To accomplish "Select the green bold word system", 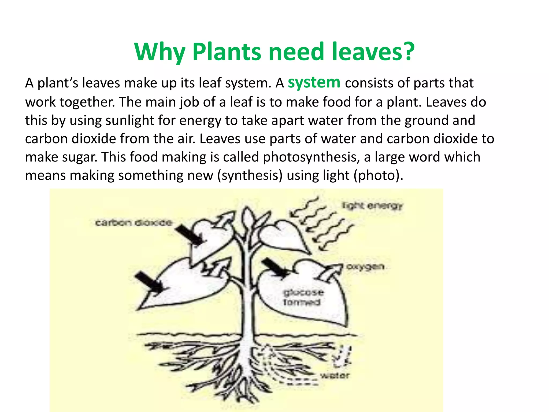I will [314, 82].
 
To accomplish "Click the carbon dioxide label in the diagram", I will [133, 223].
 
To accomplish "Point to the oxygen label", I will [365, 267].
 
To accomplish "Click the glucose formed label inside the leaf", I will [303, 297].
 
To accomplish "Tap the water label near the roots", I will [335, 376].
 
